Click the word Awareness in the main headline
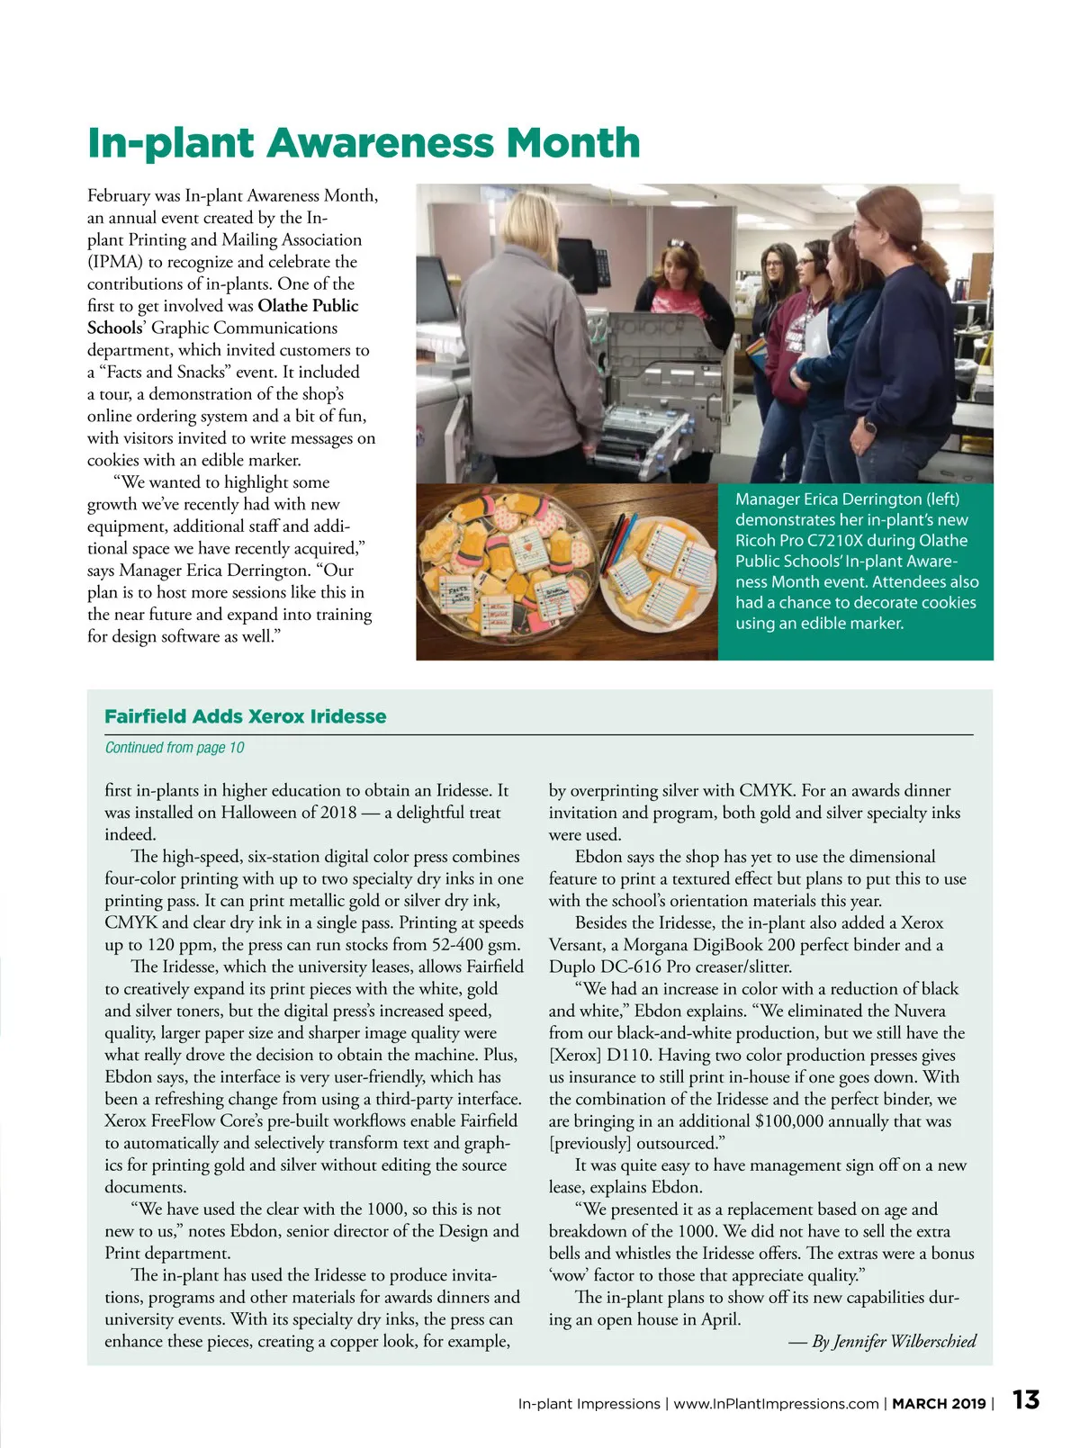coord(380,143)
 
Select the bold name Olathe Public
coord(308,306)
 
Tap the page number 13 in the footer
coord(1025,1399)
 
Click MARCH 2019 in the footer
coord(938,1403)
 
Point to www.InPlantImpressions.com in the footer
coord(776,1403)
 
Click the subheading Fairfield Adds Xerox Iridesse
coord(245,716)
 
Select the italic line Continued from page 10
coord(174,747)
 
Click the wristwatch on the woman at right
coord(868,426)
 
